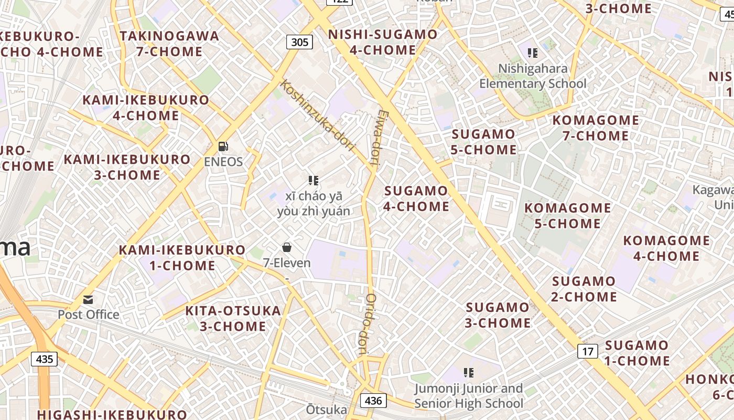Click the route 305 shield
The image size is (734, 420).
point(299,42)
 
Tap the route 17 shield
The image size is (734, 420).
point(588,351)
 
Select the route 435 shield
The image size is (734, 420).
point(45,359)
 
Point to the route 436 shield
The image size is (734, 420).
point(373,401)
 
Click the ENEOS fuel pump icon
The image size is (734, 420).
point(223,146)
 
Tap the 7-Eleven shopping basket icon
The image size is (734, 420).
point(287,247)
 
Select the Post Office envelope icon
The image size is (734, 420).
point(88,300)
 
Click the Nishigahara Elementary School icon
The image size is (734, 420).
point(533,53)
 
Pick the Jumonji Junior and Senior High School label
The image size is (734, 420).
point(469,396)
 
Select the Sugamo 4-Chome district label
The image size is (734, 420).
point(416,198)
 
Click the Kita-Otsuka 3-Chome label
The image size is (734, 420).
point(233,318)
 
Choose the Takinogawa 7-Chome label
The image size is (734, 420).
point(169,44)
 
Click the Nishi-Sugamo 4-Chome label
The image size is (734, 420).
point(382,42)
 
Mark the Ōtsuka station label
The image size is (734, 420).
point(327,409)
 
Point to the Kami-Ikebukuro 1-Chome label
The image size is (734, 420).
point(182,257)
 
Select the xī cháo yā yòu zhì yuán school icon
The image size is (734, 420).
point(314,181)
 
